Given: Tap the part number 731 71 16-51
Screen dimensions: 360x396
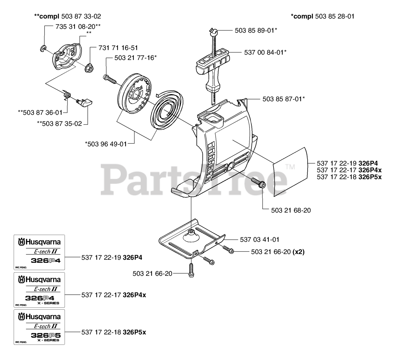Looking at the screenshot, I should (118, 48).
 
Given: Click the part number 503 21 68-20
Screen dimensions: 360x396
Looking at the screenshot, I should (291, 210).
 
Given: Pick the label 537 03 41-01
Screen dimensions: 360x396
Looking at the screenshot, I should (260, 239).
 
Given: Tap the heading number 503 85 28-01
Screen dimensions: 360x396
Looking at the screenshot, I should (334, 16).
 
